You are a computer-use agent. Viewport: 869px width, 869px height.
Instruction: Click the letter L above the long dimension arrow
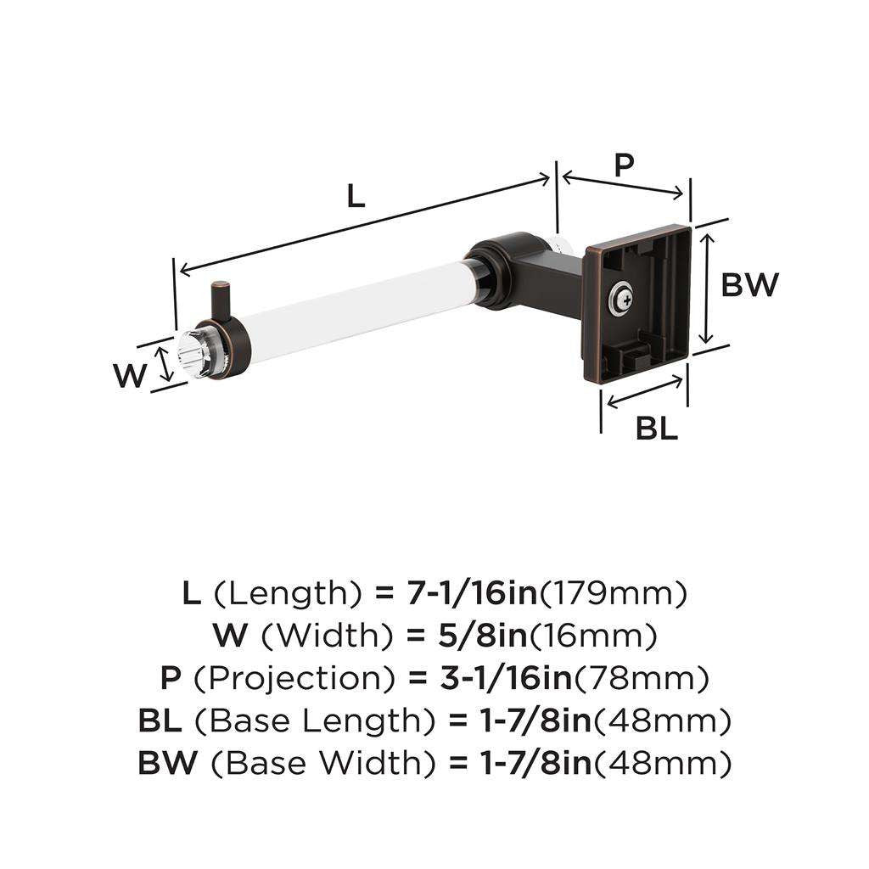tap(356, 197)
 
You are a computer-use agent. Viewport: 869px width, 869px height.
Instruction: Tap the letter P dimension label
tap(624, 165)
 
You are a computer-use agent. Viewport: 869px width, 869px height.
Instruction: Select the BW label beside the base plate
tap(748, 285)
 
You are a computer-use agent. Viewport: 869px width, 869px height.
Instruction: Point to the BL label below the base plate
tap(657, 429)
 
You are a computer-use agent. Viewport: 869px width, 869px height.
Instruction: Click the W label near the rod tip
tap(131, 374)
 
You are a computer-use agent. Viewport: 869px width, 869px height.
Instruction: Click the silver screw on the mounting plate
tap(621, 296)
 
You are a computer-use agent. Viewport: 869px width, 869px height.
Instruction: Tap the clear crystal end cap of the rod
tap(191, 356)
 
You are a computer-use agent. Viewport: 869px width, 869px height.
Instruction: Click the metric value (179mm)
tap(614, 593)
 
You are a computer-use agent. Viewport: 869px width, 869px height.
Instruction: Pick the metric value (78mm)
tap(642, 678)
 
